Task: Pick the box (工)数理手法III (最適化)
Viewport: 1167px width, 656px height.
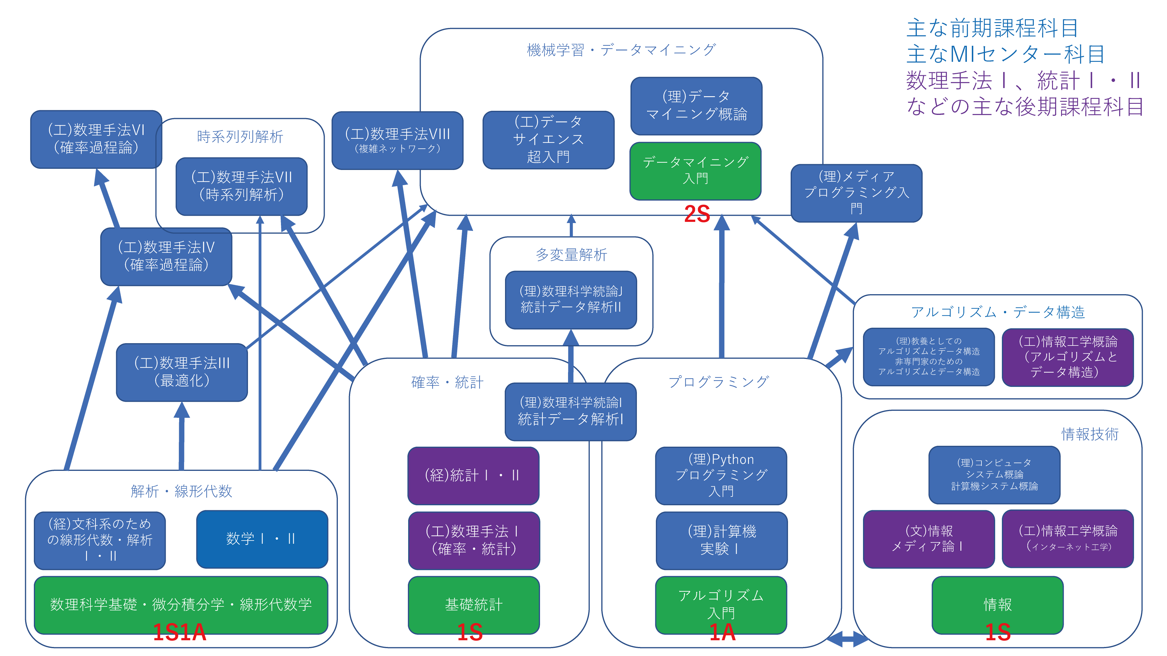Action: [182, 372]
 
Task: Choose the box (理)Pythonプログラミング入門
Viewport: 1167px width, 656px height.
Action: [720, 475]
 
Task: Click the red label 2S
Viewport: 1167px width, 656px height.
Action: [697, 214]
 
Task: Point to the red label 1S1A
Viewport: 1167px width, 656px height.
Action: [179, 632]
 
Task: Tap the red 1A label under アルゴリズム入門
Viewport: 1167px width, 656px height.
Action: [722, 632]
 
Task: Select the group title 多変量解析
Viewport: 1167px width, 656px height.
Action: [571, 255]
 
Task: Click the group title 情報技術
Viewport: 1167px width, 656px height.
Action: [1089, 434]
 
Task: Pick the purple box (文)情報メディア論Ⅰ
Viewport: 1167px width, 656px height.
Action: [928, 539]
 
